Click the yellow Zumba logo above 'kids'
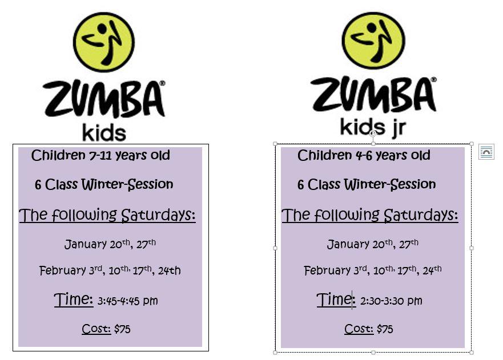[104, 42]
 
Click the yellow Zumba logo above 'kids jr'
[373, 41]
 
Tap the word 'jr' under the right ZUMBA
[399, 128]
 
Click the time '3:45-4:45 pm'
[128, 301]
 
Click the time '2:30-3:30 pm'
[391, 301]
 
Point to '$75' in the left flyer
[122, 329]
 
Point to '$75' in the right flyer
[385, 329]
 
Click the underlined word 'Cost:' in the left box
[96, 329]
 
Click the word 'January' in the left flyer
[86, 245]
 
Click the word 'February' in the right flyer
[327, 270]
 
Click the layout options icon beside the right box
[486, 152]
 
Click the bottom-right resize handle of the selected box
[472, 353]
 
